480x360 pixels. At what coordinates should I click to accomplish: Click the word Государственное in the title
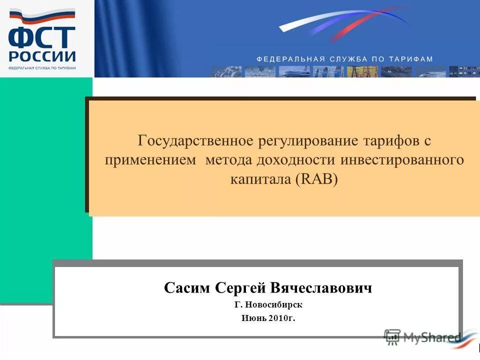point(195,140)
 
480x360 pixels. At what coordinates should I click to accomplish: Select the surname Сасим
point(187,288)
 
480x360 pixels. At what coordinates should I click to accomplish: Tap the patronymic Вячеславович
point(321,288)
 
